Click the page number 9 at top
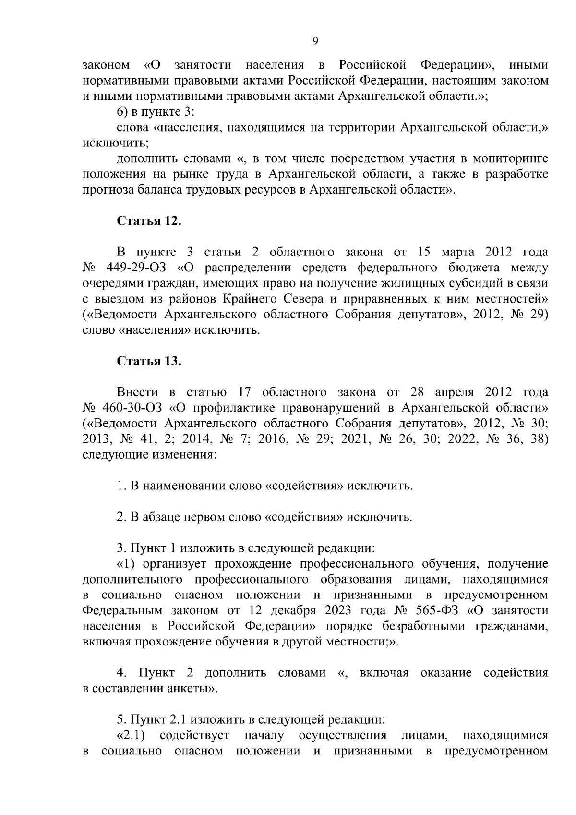click(315, 42)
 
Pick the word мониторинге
click(510, 158)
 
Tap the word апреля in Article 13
click(454, 392)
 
